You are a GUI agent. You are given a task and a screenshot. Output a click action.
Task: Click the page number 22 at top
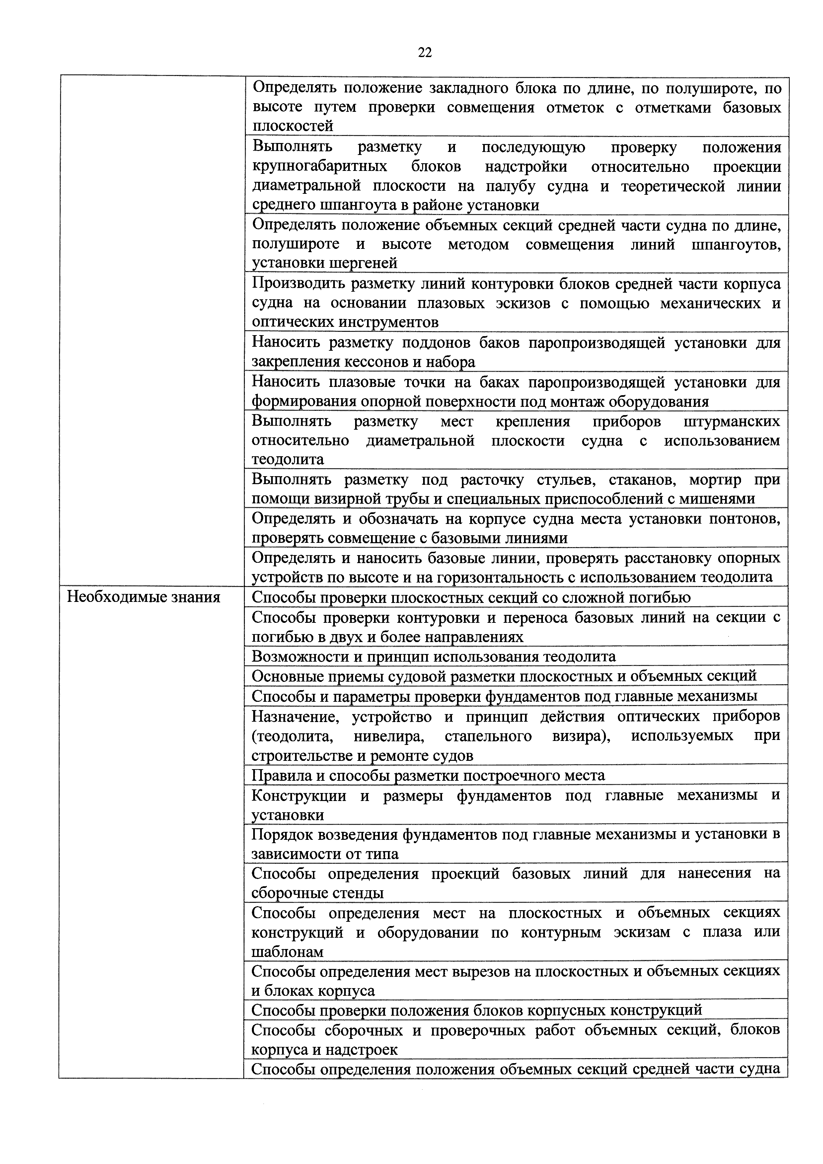point(425,52)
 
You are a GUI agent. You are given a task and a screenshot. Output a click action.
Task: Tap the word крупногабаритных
point(320,167)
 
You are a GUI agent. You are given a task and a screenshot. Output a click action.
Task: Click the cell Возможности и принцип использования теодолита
point(433,657)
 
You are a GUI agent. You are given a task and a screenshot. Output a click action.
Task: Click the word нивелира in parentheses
point(388,736)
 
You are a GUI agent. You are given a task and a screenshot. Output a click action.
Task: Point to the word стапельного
point(488,736)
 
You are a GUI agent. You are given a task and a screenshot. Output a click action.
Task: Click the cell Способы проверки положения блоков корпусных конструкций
point(477,1010)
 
